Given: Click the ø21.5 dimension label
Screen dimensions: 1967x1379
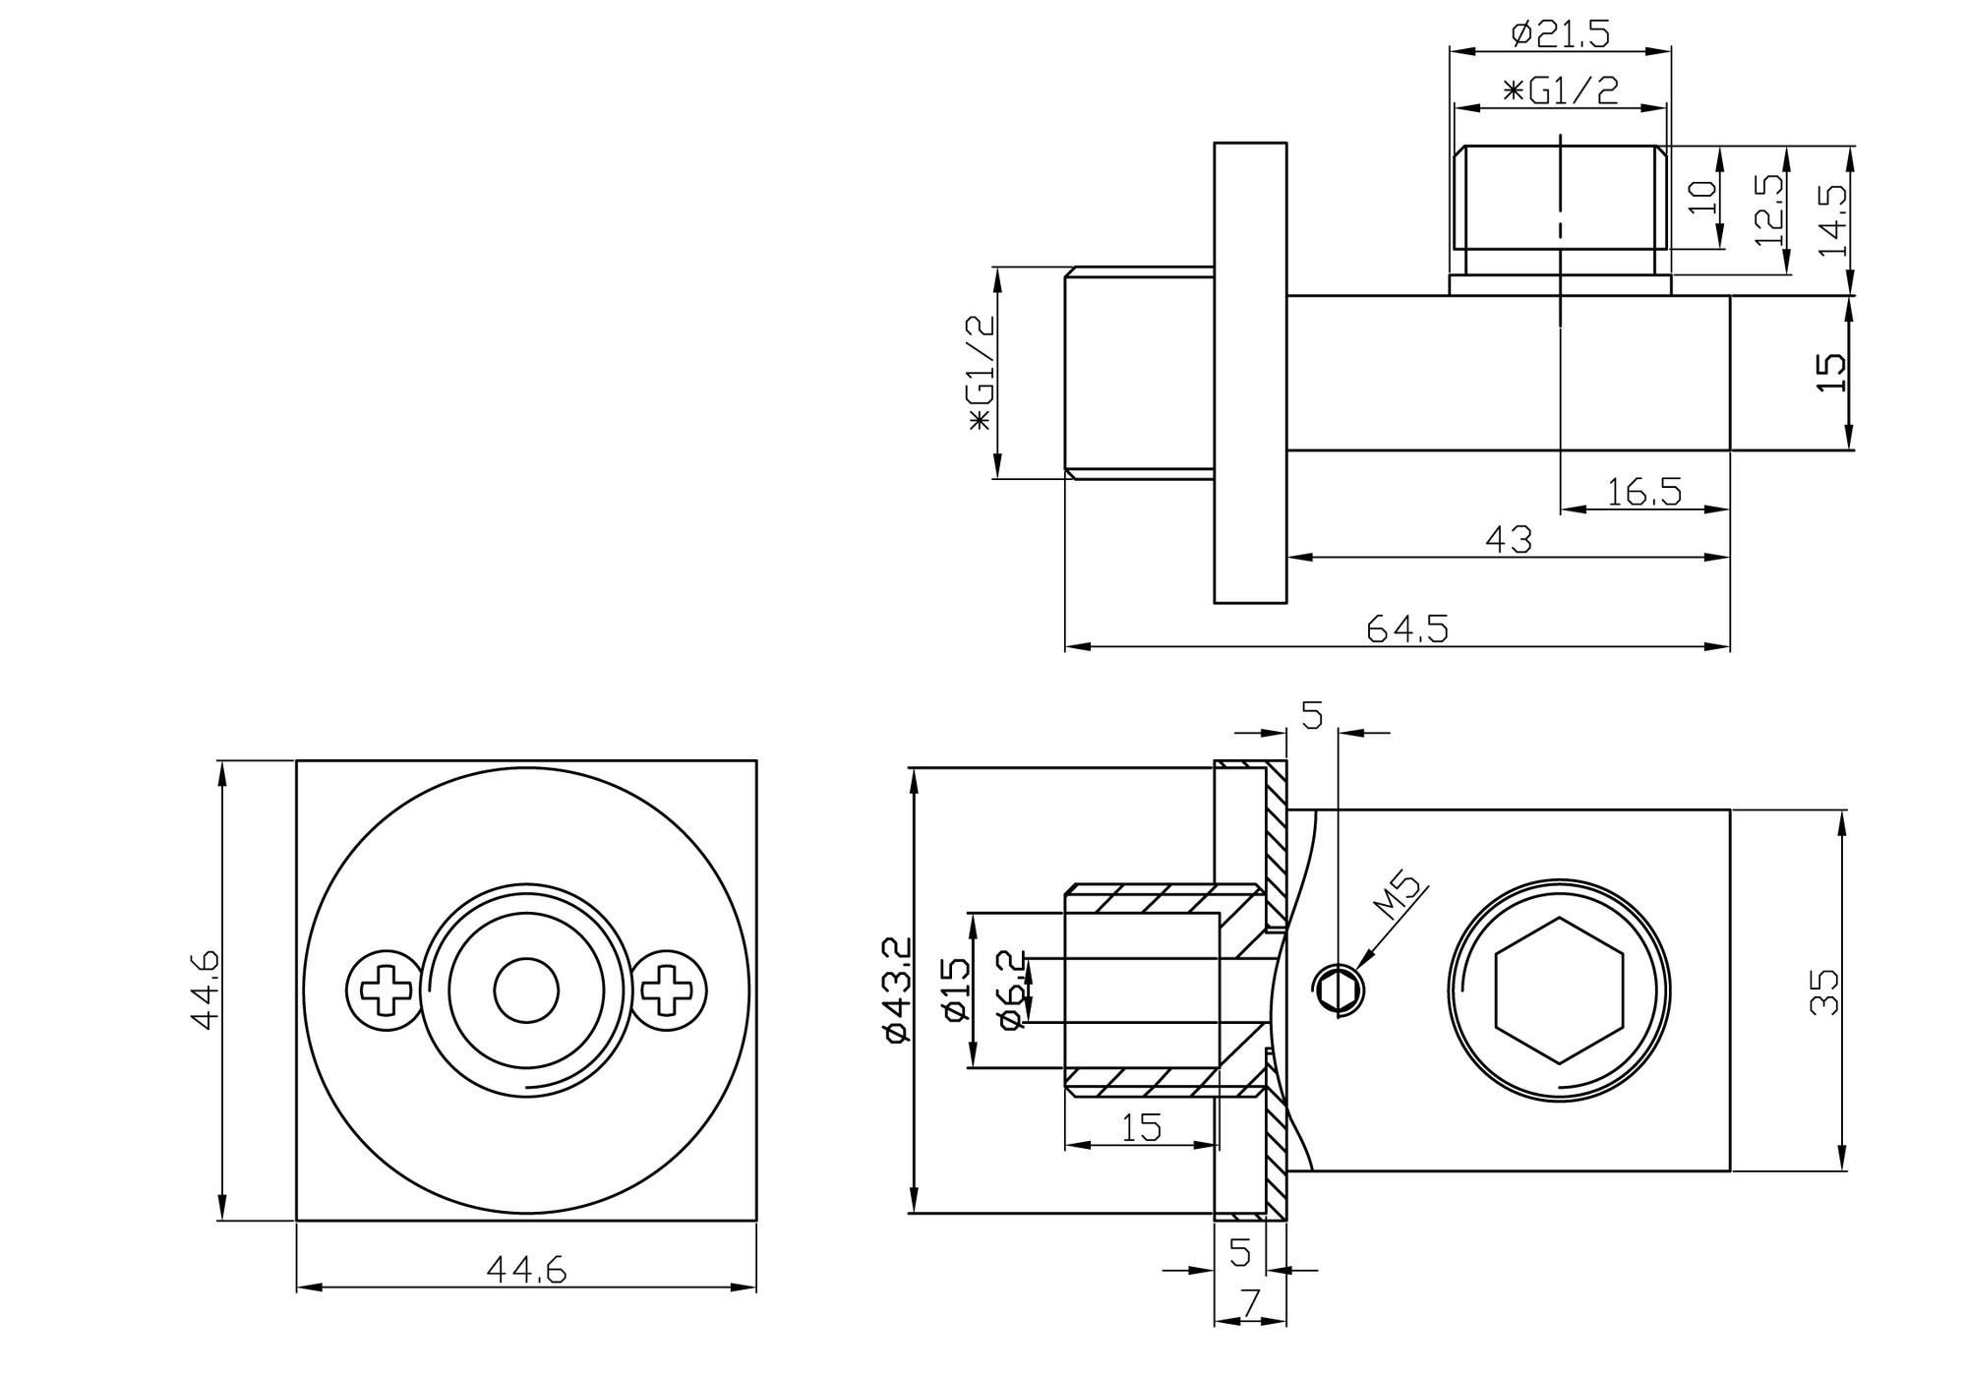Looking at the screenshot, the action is (x=1560, y=34).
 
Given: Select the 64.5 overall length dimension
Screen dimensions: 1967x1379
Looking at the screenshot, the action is (x=1407, y=629).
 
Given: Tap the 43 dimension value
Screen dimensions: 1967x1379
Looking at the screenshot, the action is (x=1509, y=539).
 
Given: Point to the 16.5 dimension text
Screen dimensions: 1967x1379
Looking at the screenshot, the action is (x=1643, y=491).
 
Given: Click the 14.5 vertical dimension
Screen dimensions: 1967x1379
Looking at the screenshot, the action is (x=1833, y=220).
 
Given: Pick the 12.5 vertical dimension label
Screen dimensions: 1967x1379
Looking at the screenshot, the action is (x=1768, y=210).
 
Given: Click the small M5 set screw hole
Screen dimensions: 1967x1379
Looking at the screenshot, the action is (x=1338, y=989).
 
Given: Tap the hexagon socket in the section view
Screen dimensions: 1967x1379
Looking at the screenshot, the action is (x=1559, y=990).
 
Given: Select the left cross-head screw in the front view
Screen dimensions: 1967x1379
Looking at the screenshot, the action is (x=386, y=990).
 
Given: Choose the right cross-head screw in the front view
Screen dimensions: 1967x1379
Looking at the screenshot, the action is (x=668, y=990).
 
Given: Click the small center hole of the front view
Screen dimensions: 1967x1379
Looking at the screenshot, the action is (x=526, y=990).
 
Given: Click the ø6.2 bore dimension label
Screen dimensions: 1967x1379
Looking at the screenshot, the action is (x=1011, y=989).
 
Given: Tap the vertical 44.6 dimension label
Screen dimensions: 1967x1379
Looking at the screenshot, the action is (x=204, y=989).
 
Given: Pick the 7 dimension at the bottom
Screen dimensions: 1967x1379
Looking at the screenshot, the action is (x=1250, y=1303).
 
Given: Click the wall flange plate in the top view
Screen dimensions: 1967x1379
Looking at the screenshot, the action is (x=1250, y=373).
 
